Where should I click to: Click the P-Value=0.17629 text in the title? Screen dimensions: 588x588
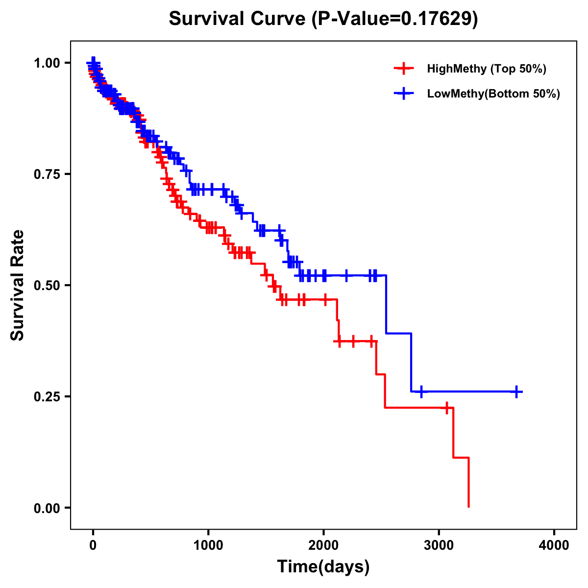coord(395,19)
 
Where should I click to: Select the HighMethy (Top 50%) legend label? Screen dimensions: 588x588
coord(486,69)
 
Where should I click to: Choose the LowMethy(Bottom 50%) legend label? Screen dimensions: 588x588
coord(493,94)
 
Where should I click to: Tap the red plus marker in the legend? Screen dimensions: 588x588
coord(403,69)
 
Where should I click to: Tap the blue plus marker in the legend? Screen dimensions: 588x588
coord(403,94)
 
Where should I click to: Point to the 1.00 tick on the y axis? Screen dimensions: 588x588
coord(47,63)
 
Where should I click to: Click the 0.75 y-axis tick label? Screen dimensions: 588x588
coord(47,174)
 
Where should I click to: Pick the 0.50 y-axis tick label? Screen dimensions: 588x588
coord(47,285)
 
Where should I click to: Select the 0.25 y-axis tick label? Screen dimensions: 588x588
coord(47,396)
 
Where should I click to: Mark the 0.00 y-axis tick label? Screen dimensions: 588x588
coord(47,508)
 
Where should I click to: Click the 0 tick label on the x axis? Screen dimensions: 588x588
coord(93,545)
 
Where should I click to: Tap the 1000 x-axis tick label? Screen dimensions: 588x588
coord(208,545)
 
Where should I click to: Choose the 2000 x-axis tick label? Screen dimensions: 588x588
coord(323,545)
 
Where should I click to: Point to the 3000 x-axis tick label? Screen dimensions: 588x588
coord(439,545)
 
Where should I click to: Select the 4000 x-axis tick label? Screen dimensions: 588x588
coord(554,545)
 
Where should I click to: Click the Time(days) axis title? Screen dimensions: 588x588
coord(323,567)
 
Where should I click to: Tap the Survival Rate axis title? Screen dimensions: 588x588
coord(18,285)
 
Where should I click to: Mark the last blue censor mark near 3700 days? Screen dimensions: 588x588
coord(516,392)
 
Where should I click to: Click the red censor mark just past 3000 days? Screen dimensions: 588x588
coord(447,408)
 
